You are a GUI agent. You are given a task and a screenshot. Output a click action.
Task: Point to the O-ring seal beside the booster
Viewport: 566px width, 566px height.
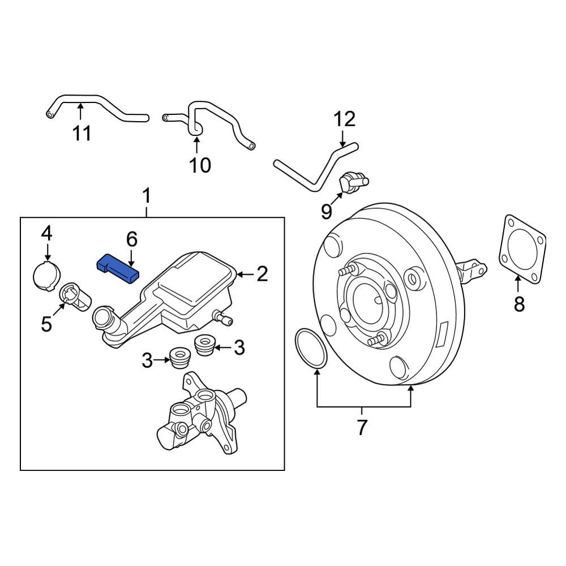[311, 349]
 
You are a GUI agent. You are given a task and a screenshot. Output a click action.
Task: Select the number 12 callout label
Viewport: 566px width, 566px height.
[344, 119]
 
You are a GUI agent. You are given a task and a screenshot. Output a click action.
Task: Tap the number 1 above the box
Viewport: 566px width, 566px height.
[147, 198]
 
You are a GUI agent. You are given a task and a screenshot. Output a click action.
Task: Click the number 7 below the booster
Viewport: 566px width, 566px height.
[362, 427]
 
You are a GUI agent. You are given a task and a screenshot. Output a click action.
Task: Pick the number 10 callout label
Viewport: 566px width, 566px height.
[199, 165]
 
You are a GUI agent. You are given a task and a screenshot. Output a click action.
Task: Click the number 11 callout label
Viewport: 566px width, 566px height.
[82, 133]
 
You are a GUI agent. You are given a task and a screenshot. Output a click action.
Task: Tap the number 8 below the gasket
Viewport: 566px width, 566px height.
[519, 305]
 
